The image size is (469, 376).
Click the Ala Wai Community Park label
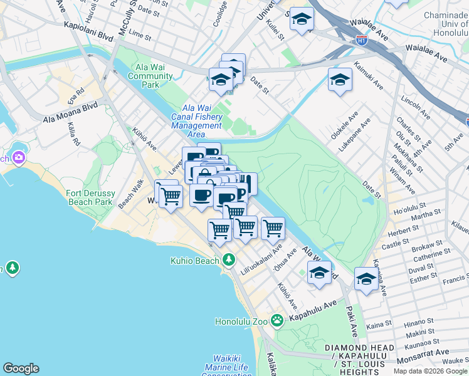pos(150,76)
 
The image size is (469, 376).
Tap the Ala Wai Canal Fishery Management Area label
pos(196,121)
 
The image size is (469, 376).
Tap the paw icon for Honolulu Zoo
pos(277,320)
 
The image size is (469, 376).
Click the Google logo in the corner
pos(21,368)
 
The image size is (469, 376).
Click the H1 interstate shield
pos(362,41)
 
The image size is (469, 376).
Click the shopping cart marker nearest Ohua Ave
pos(273,228)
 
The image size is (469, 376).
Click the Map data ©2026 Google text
pos(429,370)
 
